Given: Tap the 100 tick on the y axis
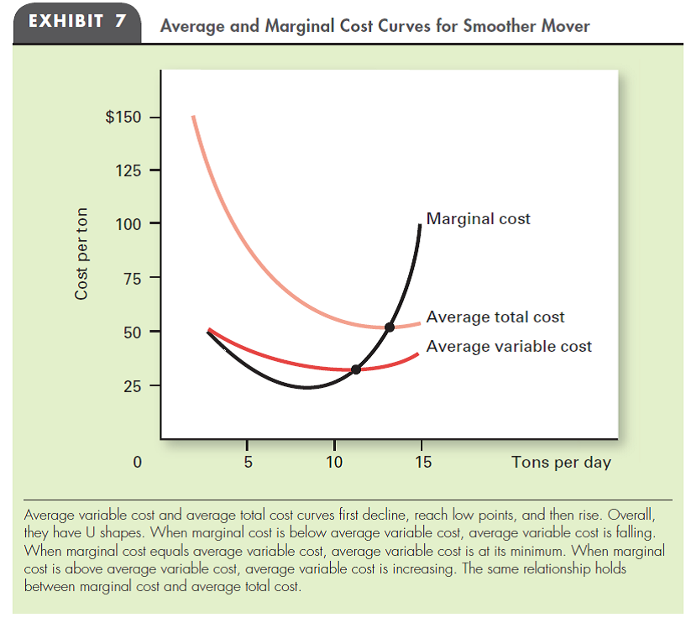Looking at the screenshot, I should tap(127, 224).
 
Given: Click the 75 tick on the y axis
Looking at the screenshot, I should tap(130, 278).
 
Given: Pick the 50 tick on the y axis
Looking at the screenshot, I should tap(130, 332).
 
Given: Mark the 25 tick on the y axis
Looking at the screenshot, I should tap(130, 386).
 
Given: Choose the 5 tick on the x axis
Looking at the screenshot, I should tap(247, 461).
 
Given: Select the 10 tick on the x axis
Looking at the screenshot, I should tap(334, 461).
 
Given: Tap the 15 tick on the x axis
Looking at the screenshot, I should tap(422, 461).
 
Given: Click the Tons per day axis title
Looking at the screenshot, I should tap(561, 462).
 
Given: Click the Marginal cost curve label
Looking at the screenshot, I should tap(478, 218).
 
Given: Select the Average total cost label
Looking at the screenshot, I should tap(495, 317).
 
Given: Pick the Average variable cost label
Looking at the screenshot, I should tap(509, 346).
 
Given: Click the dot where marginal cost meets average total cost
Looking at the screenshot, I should tap(389, 327).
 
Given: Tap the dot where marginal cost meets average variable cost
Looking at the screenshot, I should tap(356, 369).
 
